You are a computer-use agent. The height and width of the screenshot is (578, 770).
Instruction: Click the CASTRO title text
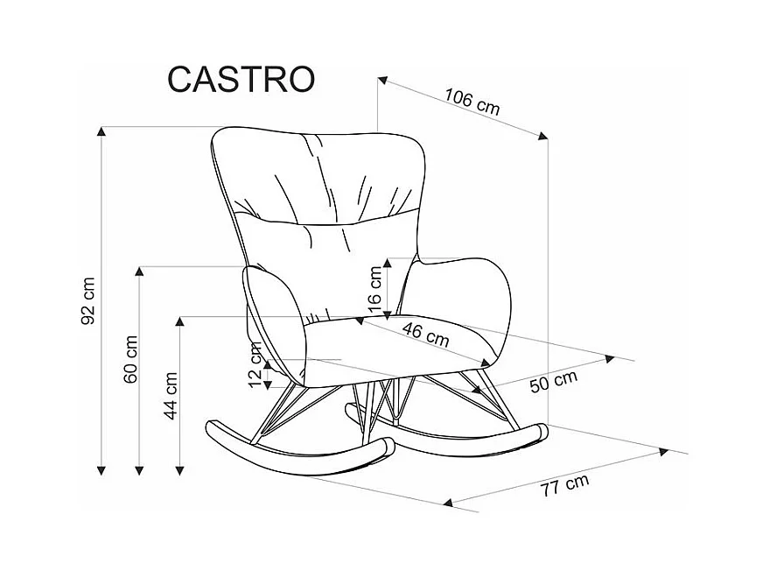241,79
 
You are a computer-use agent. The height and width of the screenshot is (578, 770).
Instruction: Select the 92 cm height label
87,300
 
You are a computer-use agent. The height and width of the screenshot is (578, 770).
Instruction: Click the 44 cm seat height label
171,396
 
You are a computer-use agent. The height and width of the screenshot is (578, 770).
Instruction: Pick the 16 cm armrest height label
375,290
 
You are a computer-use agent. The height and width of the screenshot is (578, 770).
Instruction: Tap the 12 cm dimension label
255,366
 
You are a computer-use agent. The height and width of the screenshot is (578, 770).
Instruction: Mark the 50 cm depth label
553,382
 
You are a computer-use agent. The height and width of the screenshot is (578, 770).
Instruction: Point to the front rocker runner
297,447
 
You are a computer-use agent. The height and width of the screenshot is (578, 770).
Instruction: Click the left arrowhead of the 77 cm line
449,503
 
